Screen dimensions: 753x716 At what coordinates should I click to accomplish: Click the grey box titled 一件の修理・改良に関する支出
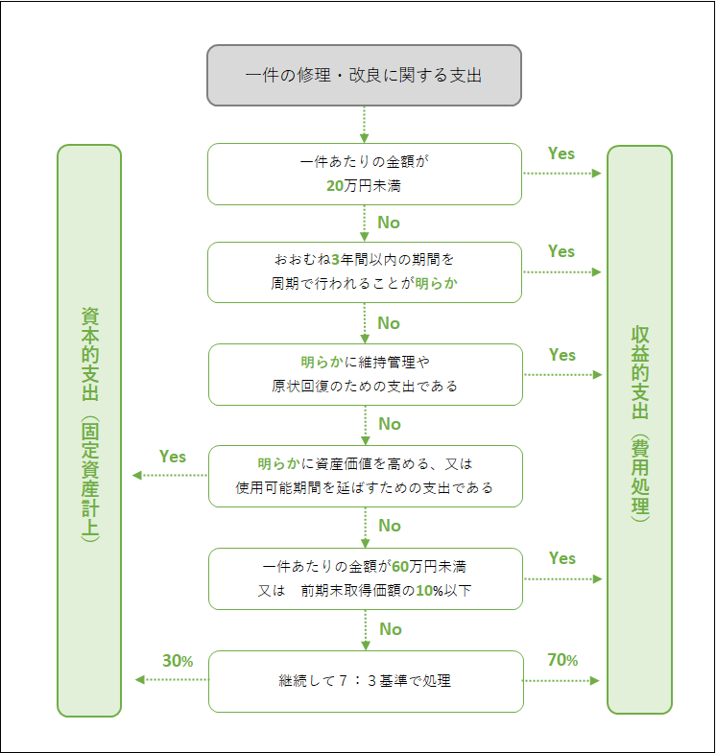(365, 75)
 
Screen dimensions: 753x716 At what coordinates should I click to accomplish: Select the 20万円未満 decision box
(365, 174)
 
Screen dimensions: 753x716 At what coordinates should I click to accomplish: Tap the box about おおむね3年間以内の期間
(365, 271)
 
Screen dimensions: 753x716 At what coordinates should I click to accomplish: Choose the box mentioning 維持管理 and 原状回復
(365, 374)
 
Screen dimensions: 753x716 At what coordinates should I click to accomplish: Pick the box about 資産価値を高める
(365, 476)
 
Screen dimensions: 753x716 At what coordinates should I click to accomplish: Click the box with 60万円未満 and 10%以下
(365, 578)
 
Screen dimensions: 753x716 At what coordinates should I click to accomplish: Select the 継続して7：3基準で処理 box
(365, 681)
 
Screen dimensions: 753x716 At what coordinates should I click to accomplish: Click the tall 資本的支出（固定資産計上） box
(89, 431)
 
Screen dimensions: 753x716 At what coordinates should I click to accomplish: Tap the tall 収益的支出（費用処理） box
(640, 431)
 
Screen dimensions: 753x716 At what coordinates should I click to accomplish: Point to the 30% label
(178, 661)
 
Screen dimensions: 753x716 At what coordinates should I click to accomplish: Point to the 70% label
(562, 660)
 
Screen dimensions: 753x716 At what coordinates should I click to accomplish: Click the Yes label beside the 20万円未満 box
(561, 153)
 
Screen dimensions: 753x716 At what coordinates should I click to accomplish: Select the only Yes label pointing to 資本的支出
(173, 457)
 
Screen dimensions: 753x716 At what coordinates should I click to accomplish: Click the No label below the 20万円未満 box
(389, 223)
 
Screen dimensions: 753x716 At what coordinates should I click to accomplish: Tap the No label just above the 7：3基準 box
(390, 629)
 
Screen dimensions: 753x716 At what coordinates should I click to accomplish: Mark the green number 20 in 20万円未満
(335, 186)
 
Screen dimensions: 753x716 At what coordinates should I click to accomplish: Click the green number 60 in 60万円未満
(401, 566)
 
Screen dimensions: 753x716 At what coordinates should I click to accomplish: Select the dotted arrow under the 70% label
(562, 680)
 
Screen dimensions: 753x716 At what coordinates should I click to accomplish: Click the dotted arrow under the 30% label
(172, 680)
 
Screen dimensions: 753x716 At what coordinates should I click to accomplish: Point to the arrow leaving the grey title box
(365, 124)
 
